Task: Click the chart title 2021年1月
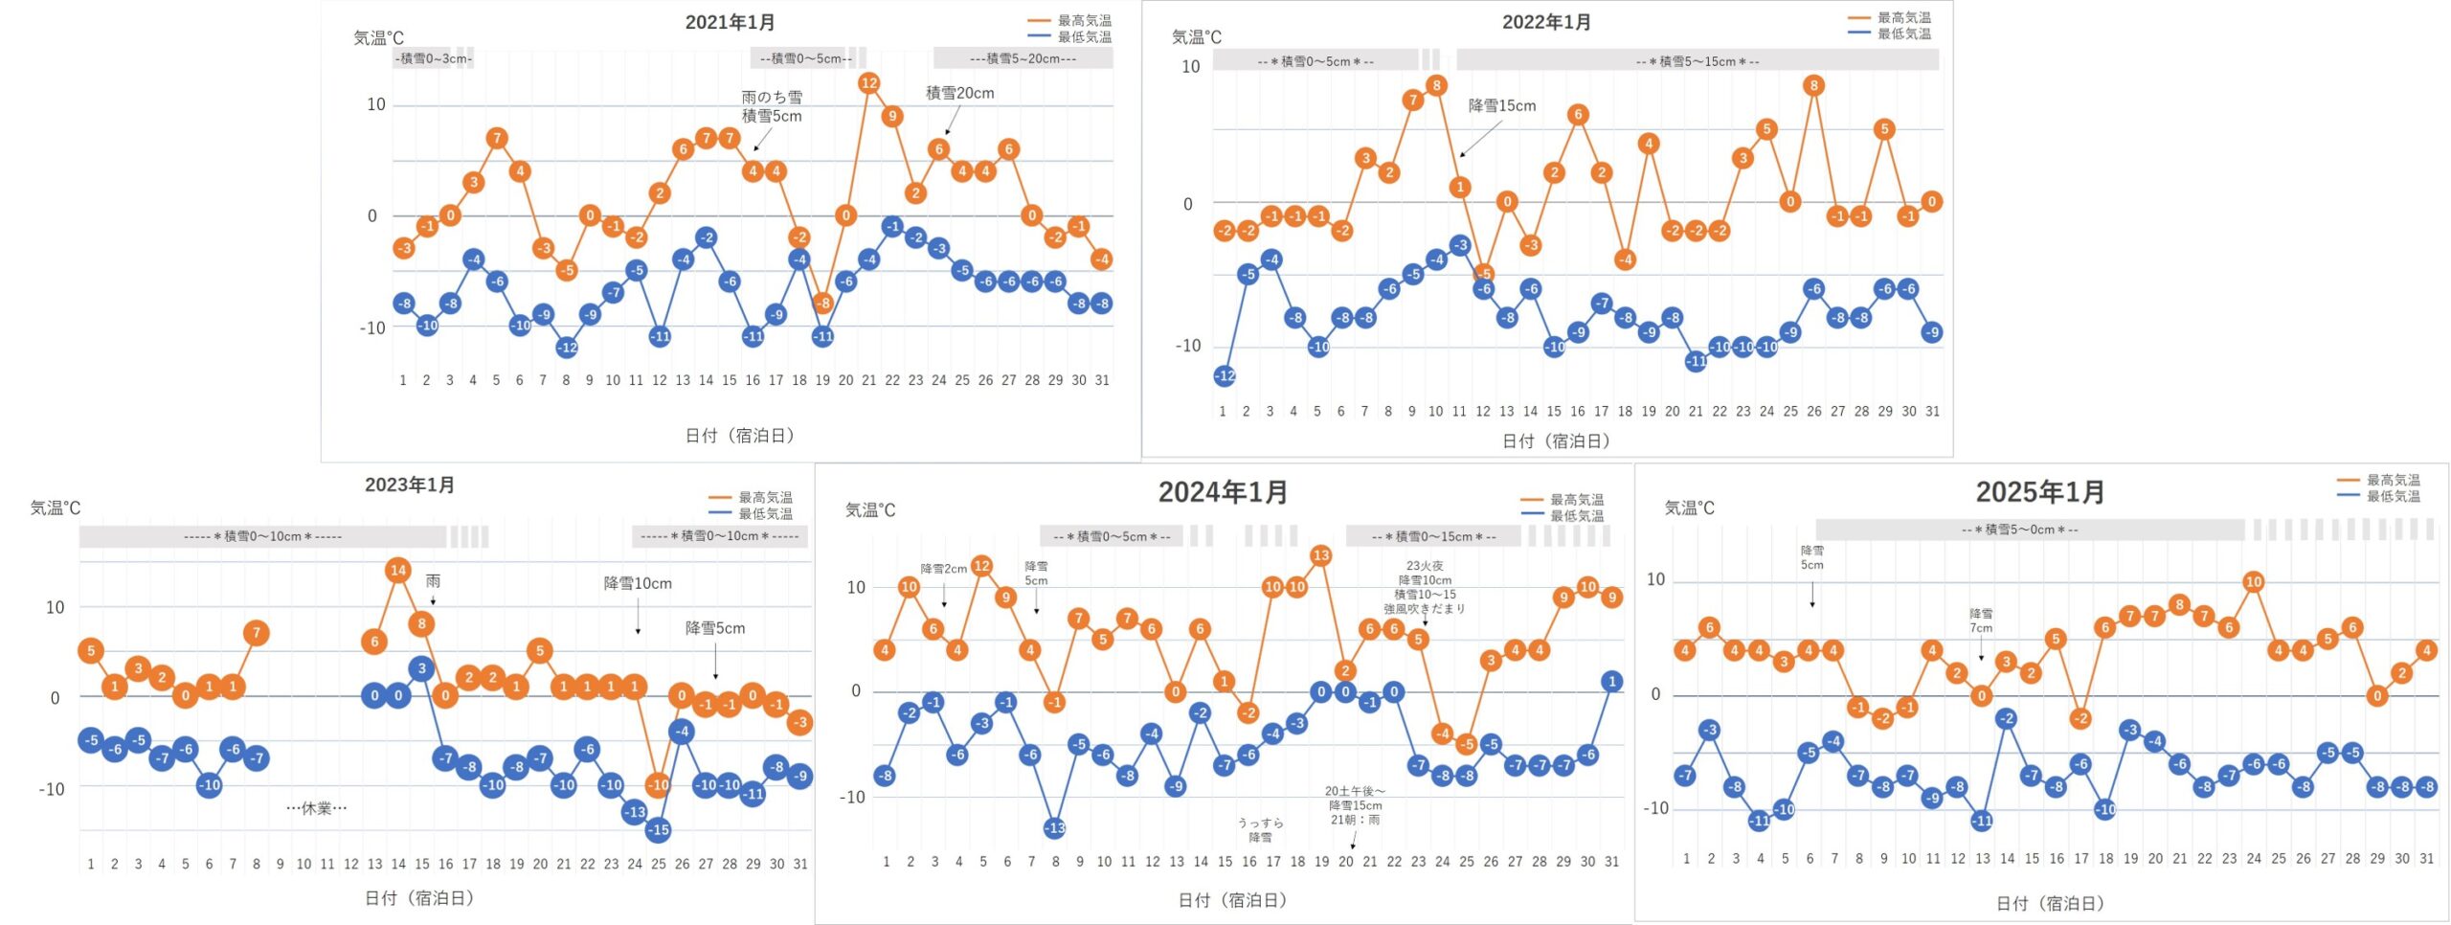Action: point(730,22)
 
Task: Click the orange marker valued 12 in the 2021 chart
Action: point(868,83)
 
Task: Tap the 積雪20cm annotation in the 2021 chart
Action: point(959,93)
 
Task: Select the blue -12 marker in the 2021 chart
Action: point(567,348)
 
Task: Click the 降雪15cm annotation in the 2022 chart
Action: point(1501,105)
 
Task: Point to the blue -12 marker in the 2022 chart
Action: point(1225,376)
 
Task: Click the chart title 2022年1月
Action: point(1546,22)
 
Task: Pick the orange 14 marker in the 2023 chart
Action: point(398,571)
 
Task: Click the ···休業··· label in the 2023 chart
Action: point(317,808)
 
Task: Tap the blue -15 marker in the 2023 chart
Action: point(658,830)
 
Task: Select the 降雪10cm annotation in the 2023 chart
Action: point(638,583)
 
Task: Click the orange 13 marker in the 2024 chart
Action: point(1321,555)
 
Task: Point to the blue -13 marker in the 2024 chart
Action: point(1054,828)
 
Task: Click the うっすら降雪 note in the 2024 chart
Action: point(1260,830)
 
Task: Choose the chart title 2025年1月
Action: point(2040,492)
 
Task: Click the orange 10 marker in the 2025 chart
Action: point(2253,582)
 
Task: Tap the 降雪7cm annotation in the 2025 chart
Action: point(1981,620)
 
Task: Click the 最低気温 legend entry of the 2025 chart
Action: point(2393,496)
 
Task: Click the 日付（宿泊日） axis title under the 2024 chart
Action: point(1231,900)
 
